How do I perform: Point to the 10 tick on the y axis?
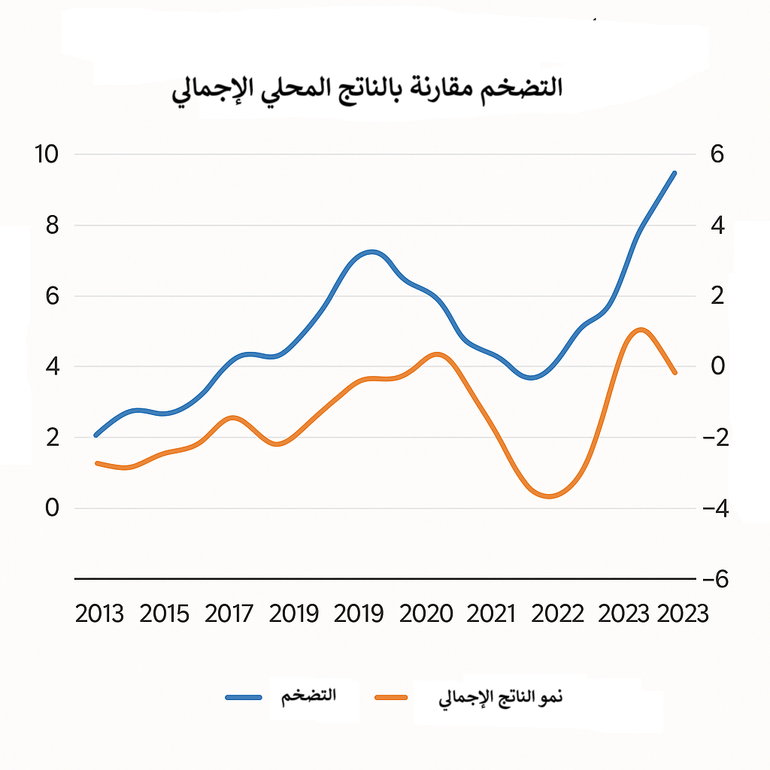pos(45,154)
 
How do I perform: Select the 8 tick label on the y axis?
pos(51,225)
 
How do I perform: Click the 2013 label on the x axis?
pos(99,614)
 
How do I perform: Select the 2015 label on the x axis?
pos(164,614)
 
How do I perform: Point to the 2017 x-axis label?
pos(229,614)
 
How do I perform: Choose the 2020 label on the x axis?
pos(426,614)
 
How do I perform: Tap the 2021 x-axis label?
pos(491,614)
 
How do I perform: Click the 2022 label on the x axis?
pos(557,614)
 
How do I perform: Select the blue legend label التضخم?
pos(308,696)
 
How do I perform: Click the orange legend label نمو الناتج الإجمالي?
pos(500,698)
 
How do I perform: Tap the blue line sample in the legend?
pos(244,697)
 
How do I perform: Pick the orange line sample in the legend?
pos(391,698)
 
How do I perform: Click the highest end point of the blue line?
pos(675,173)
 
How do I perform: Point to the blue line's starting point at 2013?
pos(95,435)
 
